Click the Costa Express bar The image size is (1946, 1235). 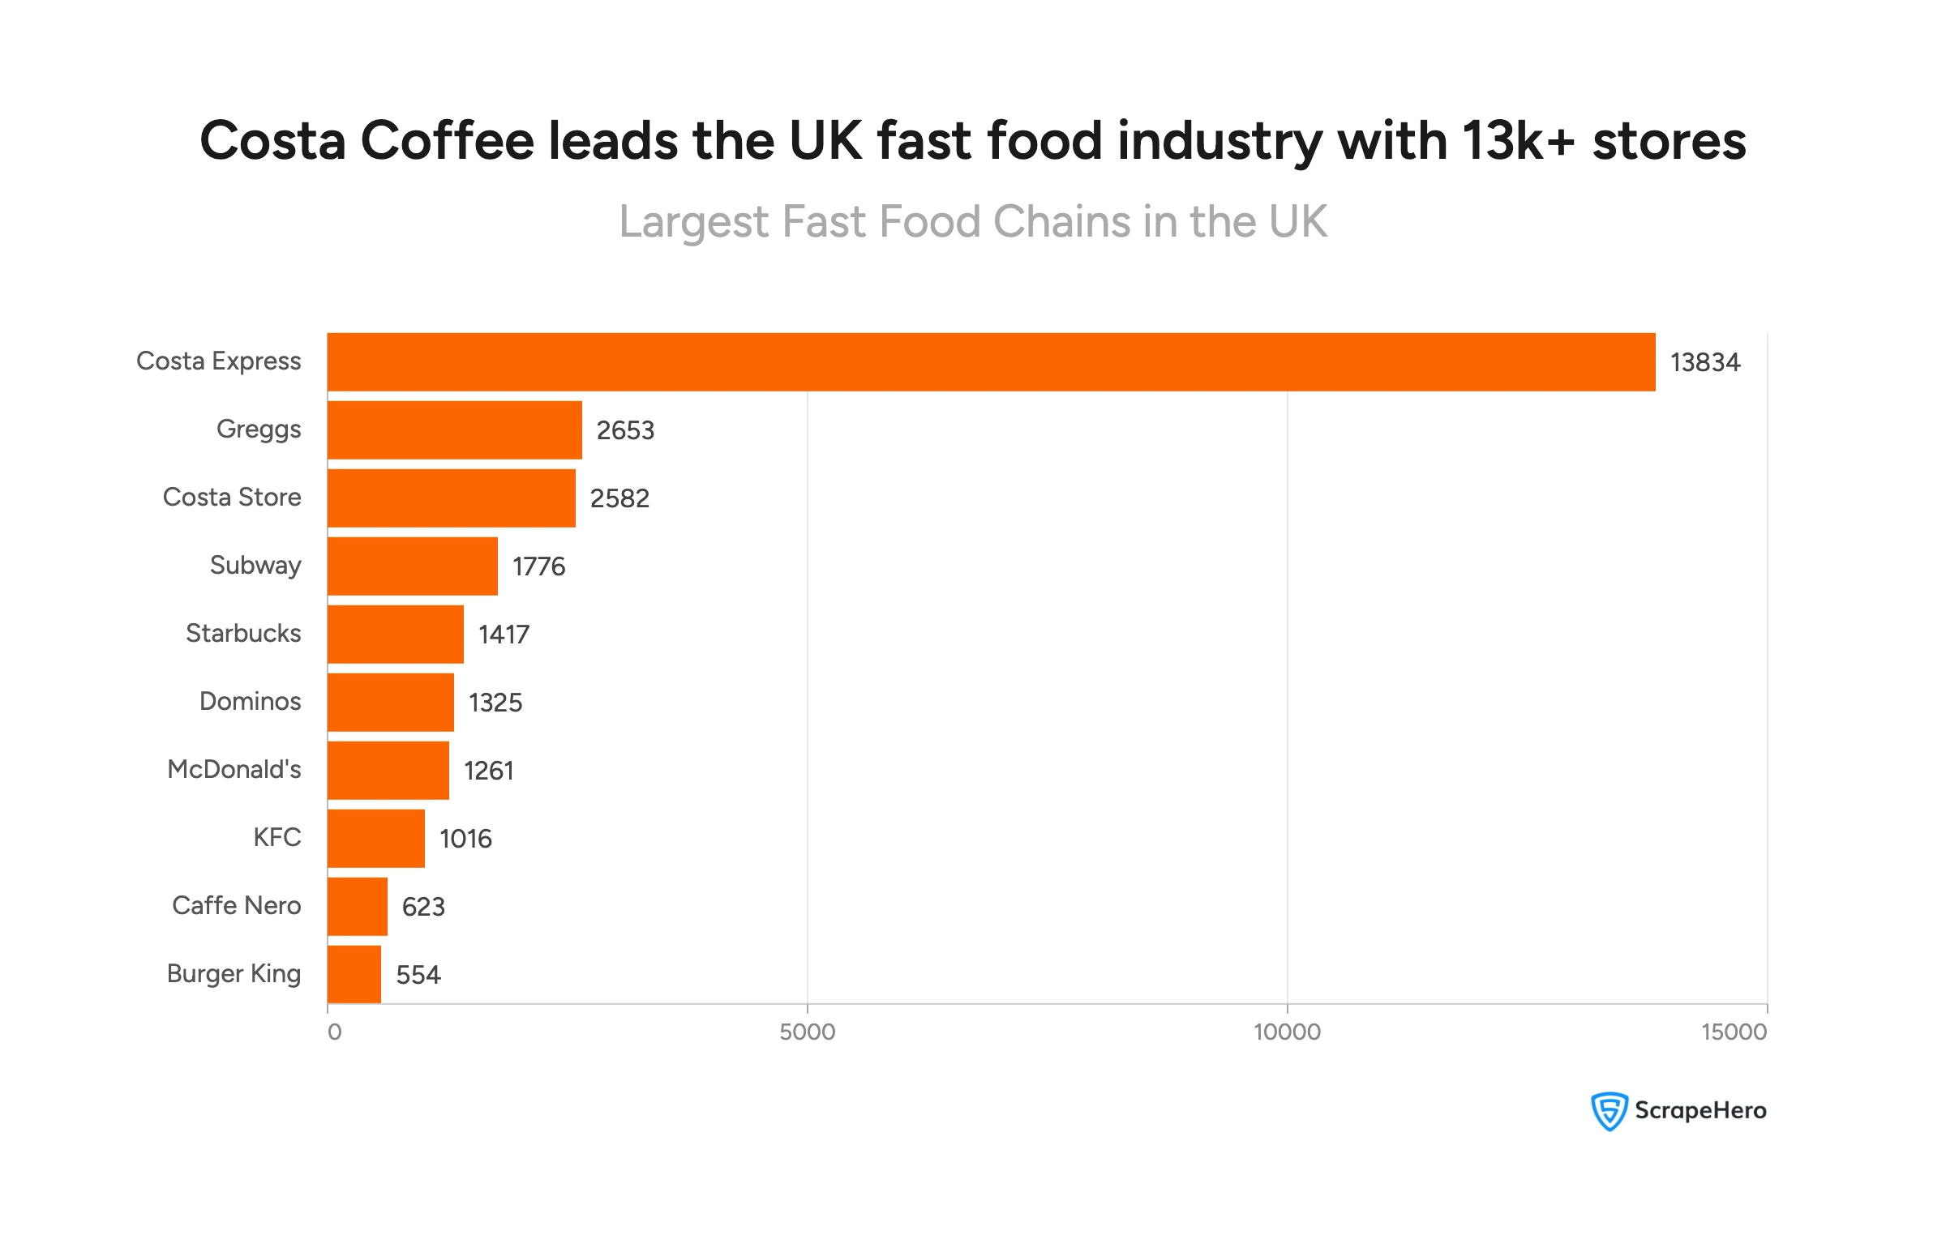click(991, 362)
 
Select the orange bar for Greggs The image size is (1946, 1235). click(455, 430)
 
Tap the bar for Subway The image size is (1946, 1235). click(413, 566)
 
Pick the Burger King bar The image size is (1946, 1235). click(354, 974)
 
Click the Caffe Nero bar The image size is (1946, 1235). click(358, 906)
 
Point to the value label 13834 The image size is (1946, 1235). click(1704, 362)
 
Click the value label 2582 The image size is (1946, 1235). click(619, 498)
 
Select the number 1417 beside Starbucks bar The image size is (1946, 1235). click(504, 635)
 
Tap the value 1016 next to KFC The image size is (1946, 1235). click(465, 839)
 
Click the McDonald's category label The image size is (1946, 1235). click(234, 769)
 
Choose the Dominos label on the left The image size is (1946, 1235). click(250, 701)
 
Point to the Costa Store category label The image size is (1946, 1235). click(232, 497)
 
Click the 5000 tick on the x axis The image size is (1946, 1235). click(807, 1032)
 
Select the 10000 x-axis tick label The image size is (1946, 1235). click(1287, 1032)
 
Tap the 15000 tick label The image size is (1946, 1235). click(1734, 1032)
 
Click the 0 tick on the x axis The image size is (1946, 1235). click(334, 1032)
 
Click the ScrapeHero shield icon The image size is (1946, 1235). click(1609, 1111)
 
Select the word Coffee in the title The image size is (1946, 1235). click(447, 140)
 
